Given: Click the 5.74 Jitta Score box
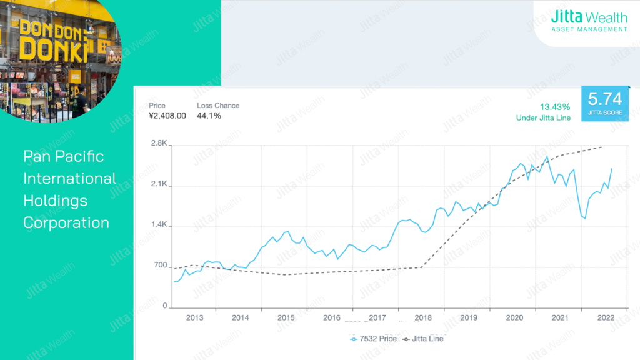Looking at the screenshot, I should (x=605, y=103).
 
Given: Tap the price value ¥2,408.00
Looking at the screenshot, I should (x=167, y=116).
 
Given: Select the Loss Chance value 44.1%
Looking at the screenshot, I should (x=209, y=116).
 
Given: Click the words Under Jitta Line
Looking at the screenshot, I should (x=543, y=117).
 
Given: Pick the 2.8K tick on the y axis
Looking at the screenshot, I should (x=159, y=144).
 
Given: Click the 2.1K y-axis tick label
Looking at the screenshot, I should (x=159, y=185).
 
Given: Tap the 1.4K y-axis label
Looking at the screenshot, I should (x=159, y=226).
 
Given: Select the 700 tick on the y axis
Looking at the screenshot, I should (x=161, y=266).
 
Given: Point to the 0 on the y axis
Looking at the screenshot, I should (x=165, y=307).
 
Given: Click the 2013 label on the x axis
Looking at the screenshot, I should (x=195, y=318).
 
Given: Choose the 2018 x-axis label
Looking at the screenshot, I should (x=423, y=318).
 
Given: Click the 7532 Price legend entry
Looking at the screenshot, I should (x=374, y=339).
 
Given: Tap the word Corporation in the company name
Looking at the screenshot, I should (x=66, y=222).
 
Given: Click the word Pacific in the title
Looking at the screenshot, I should (x=81, y=156).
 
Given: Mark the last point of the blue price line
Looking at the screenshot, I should (x=611, y=169).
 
